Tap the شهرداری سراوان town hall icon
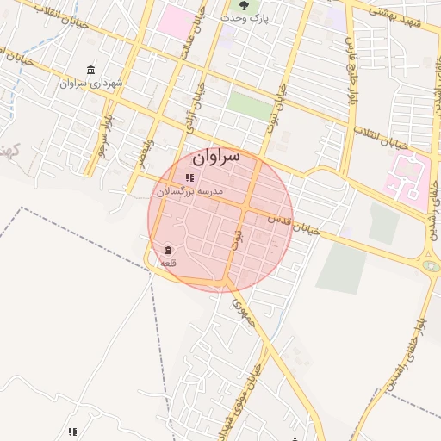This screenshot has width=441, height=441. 91,71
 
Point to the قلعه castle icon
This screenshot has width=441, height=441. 167,251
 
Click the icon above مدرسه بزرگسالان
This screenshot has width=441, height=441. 189,178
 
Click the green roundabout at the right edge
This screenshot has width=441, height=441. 431,267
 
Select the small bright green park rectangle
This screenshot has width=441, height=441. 251,107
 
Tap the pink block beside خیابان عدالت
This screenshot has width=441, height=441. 177,22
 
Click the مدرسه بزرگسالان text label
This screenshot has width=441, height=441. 189,191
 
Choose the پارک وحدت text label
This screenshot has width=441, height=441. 269,17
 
